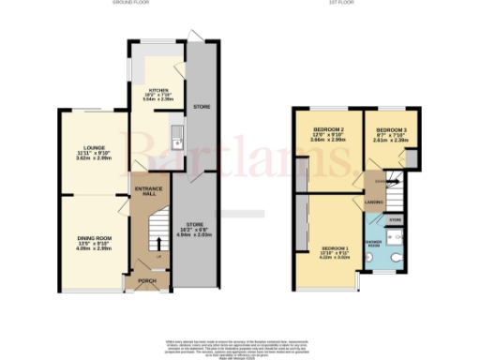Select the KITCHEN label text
coord(157,92)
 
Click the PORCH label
coord(145,278)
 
